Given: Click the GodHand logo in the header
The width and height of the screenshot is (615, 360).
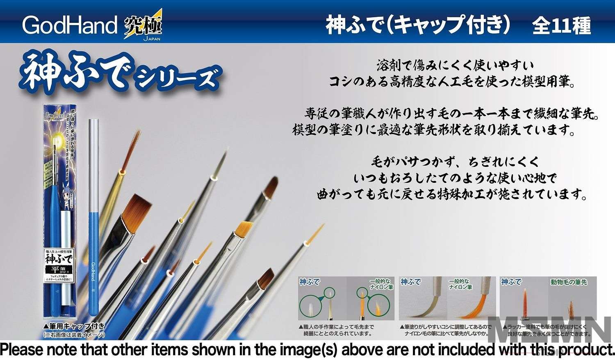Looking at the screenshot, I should (70, 25).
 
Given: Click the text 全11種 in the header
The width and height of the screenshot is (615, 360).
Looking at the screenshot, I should (561, 26).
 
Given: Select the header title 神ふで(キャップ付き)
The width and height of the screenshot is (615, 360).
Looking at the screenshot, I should (418, 25).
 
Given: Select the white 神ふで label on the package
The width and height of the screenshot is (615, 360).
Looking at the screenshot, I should (58, 259).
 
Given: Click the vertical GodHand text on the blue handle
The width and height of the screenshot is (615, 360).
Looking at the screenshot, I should (93, 271).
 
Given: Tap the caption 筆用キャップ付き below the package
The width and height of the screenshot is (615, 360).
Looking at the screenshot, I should (74, 327).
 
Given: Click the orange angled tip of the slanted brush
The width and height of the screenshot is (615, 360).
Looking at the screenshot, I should (245, 229).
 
